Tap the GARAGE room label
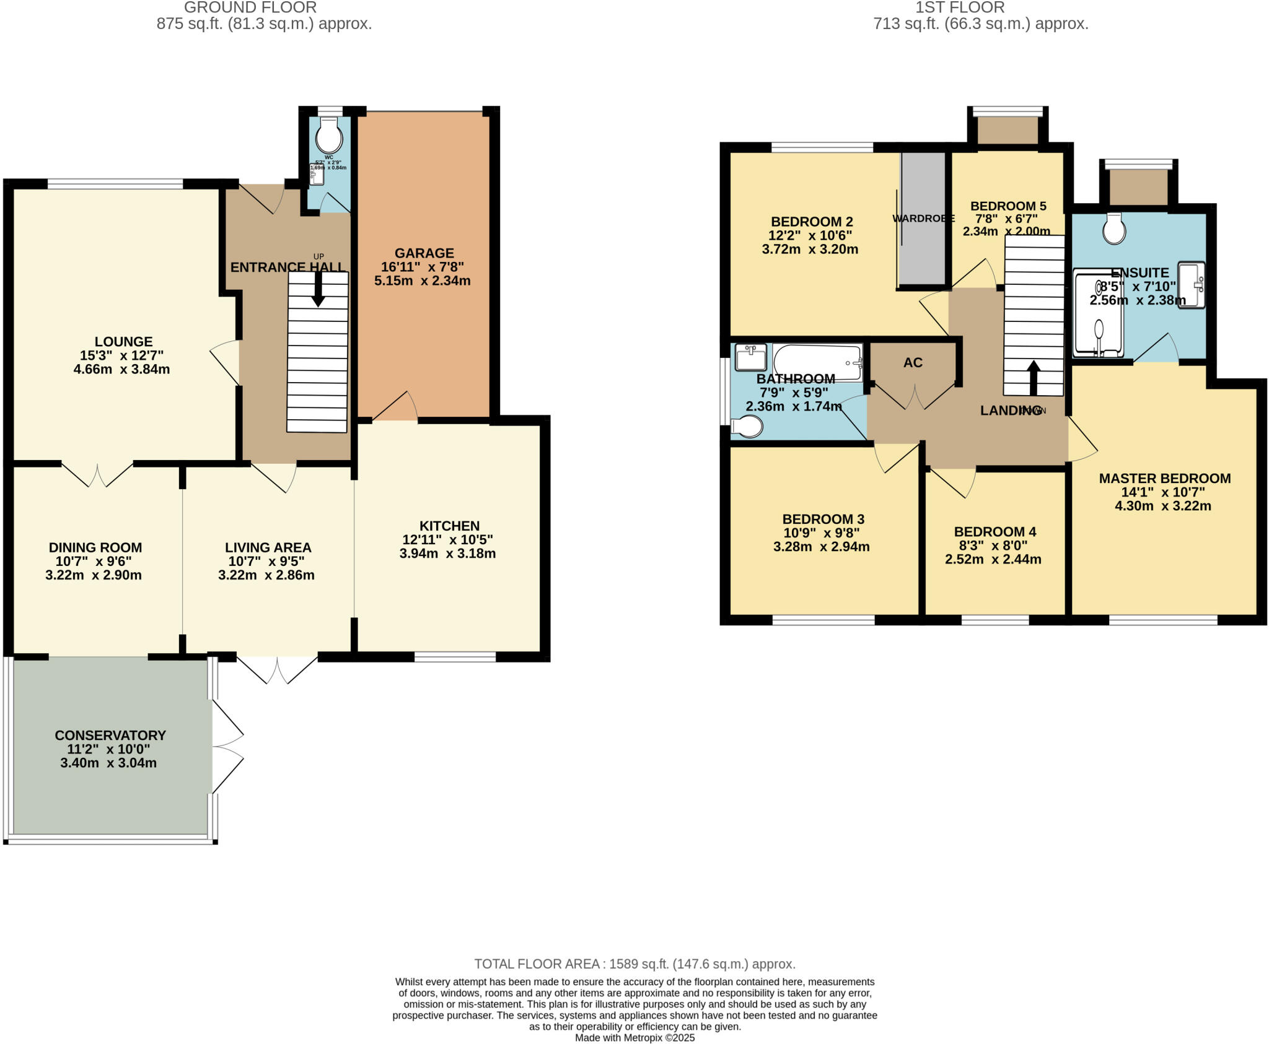(x=424, y=253)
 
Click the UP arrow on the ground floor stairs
(x=318, y=290)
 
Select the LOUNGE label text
(x=123, y=342)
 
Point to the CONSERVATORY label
(x=110, y=736)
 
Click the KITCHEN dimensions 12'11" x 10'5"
(x=447, y=540)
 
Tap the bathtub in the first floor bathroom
(x=817, y=362)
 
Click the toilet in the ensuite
(x=1114, y=228)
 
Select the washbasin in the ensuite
(x=1191, y=284)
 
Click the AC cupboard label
(x=913, y=363)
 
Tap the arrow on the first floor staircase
(x=1033, y=377)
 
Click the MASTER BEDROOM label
(x=1164, y=479)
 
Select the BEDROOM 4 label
(x=995, y=532)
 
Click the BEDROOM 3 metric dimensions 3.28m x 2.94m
(x=821, y=547)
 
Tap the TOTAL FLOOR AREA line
(x=634, y=964)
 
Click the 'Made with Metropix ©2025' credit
(x=634, y=1038)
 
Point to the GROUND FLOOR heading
(x=250, y=8)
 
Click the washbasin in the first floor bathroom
(x=750, y=357)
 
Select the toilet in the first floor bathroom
(x=747, y=427)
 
